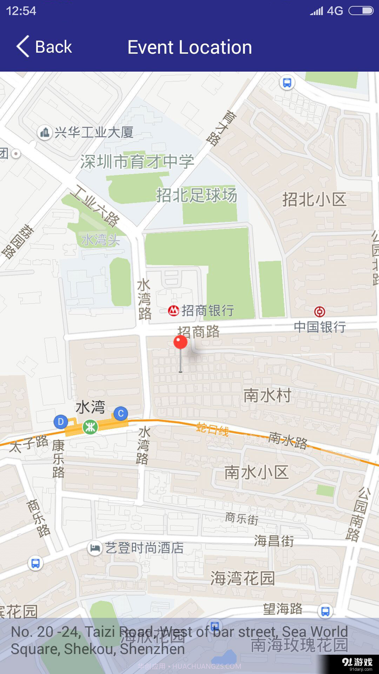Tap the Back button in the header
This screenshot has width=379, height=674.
tap(44, 47)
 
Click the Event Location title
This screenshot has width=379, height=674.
tap(189, 47)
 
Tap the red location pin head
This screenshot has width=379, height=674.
tap(180, 342)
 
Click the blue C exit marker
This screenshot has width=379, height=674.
tap(121, 414)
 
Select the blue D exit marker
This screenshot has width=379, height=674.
tap(60, 422)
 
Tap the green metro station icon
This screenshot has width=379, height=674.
tap(90, 427)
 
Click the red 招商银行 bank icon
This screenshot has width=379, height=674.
tap(173, 311)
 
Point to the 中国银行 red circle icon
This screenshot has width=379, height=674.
tap(319, 311)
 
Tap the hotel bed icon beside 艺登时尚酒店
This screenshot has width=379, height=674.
tap(94, 548)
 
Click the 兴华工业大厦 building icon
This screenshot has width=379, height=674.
tap(45, 133)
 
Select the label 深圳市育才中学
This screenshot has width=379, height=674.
tap(137, 162)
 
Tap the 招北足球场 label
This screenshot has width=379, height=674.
tap(197, 195)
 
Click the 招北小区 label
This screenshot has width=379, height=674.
tap(314, 199)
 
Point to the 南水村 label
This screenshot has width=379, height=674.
tap(267, 396)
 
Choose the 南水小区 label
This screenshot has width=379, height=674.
tap(257, 473)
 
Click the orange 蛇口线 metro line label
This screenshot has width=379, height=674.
tap(213, 429)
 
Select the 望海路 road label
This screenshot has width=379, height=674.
tap(283, 609)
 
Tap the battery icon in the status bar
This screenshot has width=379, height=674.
tap(360, 11)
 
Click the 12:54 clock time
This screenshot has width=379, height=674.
tap(21, 11)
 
